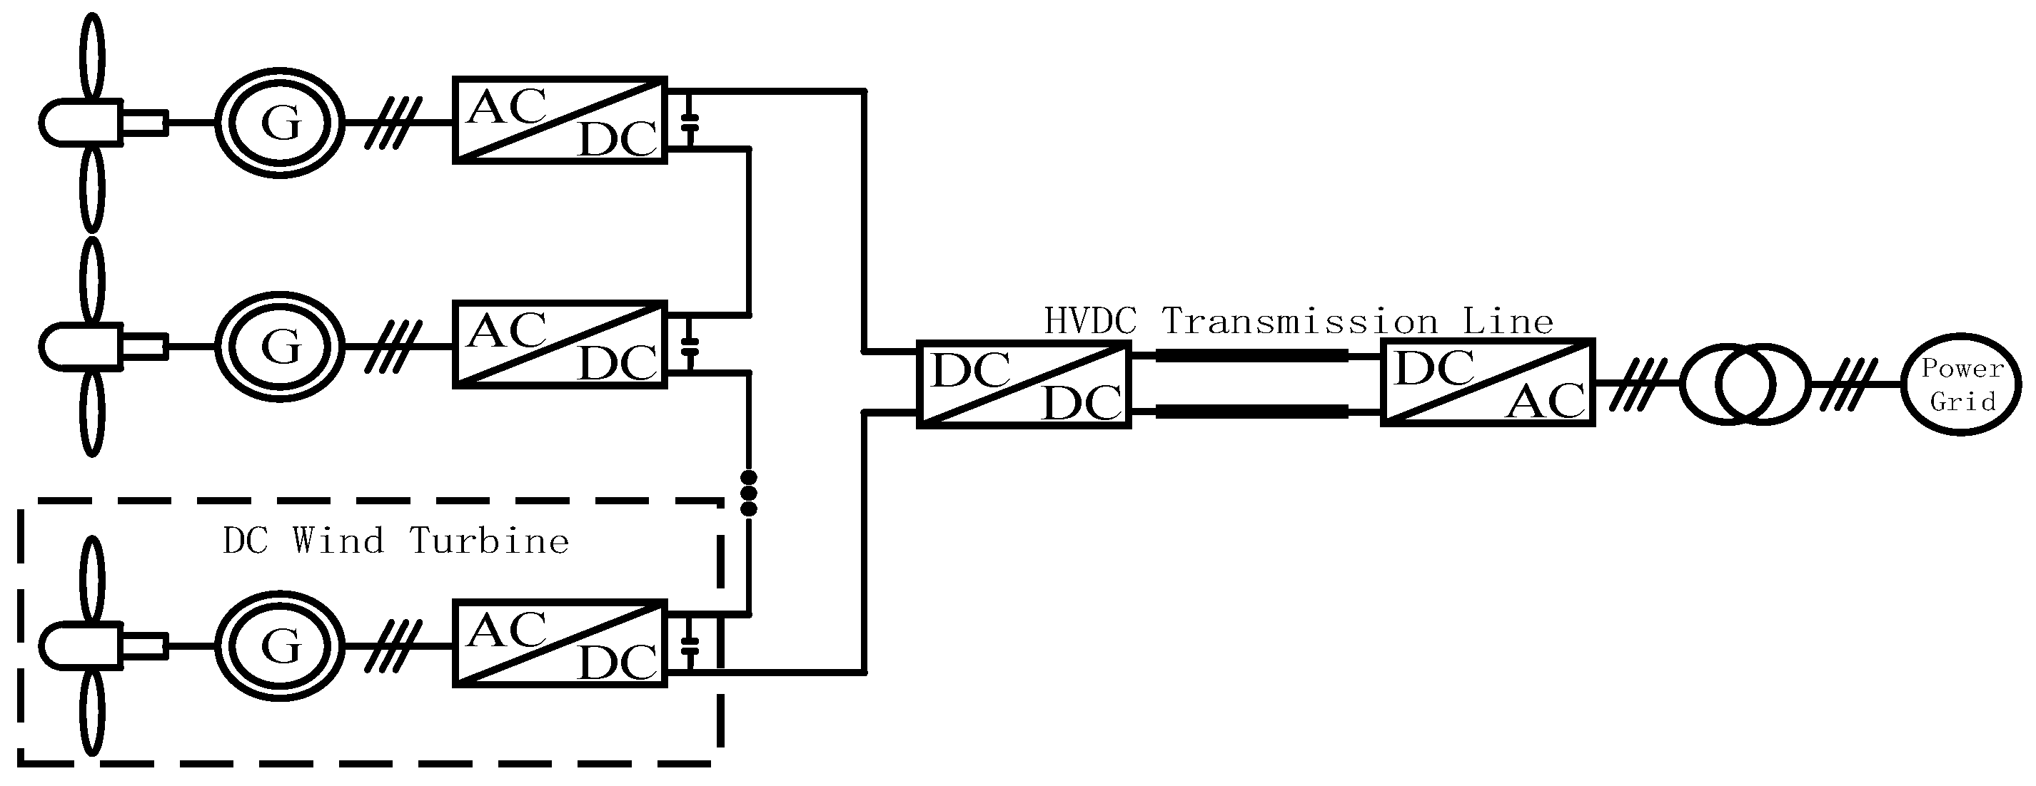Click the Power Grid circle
click(x=1962, y=384)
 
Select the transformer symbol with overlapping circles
click(x=1744, y=384)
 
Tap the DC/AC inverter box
click(x=1488, y=383)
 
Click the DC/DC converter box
click(x=1024, y=384)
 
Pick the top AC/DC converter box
click(x=560, y=121)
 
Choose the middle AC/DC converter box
click(x=560, y=344)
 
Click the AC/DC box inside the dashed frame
click(x=560, y=643)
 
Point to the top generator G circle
click(x=280, y=123)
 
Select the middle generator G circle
click(x=280, y=346)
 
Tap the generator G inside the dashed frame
click(x=280, y=645)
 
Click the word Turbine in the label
click(x=489, y=542)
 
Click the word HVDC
click(x=1090, y=322)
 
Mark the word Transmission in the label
click(x=1300, y=322)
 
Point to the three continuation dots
click(x=748, y=494)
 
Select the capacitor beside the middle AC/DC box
click(x=691, y=345)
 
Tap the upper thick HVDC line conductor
click(x=1252, y=356)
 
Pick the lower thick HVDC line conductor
click(x=1252, y=412)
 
